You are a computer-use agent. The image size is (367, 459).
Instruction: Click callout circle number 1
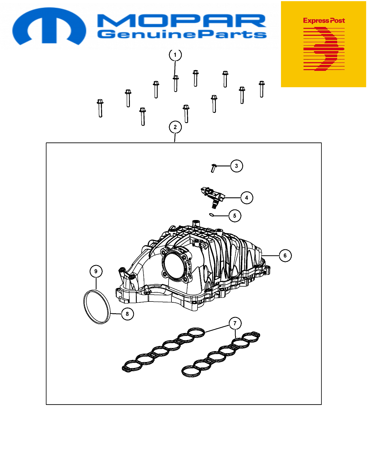pos(175,55)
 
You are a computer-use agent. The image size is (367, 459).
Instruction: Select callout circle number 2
pos(175,127)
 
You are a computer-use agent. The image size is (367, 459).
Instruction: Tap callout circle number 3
pos(237,166)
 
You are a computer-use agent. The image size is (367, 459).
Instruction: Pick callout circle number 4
pos(247,198)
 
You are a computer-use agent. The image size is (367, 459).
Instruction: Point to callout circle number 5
pos(235,216)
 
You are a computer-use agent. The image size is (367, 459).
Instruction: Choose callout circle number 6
pos(285,256)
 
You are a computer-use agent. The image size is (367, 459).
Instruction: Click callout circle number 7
pos(235,323)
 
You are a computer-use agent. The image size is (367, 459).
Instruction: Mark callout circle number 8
pos(127,314)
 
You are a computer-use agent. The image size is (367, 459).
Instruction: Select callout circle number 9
pos(96,271)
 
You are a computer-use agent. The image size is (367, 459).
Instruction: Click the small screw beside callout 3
pos(214,168)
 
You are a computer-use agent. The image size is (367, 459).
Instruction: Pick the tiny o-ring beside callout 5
pos(211,215)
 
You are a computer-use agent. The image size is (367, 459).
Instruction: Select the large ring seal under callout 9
pos(97,307)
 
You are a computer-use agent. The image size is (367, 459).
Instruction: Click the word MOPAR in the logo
pos(182,21)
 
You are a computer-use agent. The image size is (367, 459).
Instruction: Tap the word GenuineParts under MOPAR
pos(182,34)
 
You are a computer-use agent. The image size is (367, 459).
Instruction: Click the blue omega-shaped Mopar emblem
pos(49,26)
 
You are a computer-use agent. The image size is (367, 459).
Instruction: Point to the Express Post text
pos(324,21)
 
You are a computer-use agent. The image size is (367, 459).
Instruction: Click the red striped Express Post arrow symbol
pos(324,49)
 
